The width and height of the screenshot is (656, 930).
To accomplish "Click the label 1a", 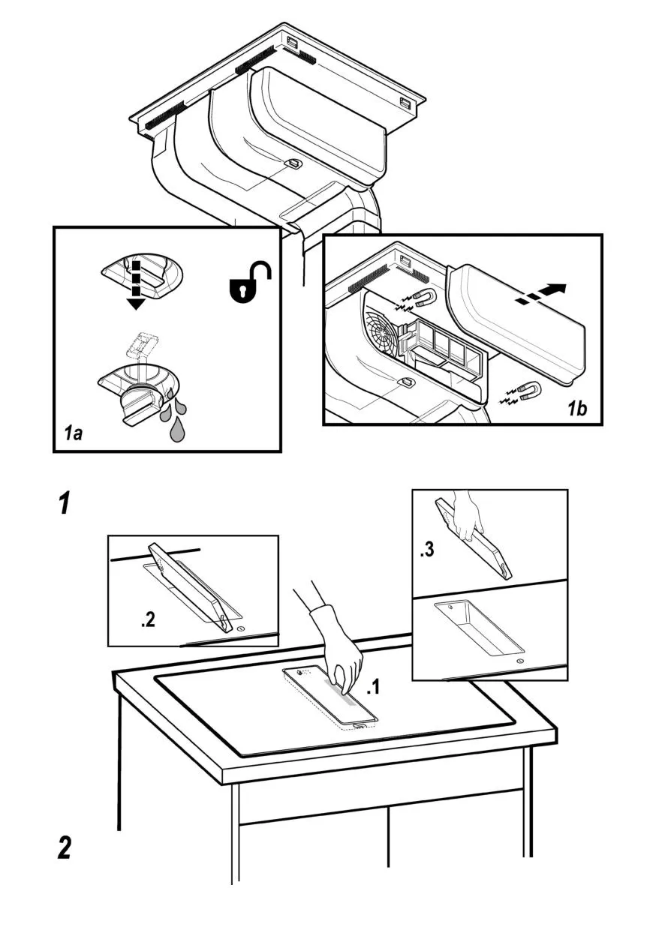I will (72, 433).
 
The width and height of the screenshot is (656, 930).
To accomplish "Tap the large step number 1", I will (65, 503).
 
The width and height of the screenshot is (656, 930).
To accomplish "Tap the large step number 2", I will (65, 847).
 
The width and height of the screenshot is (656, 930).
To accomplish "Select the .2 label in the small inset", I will (148, 620).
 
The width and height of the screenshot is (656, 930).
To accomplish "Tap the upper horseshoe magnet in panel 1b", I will (425, 298).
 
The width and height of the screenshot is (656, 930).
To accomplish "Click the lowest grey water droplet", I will (177, 430).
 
